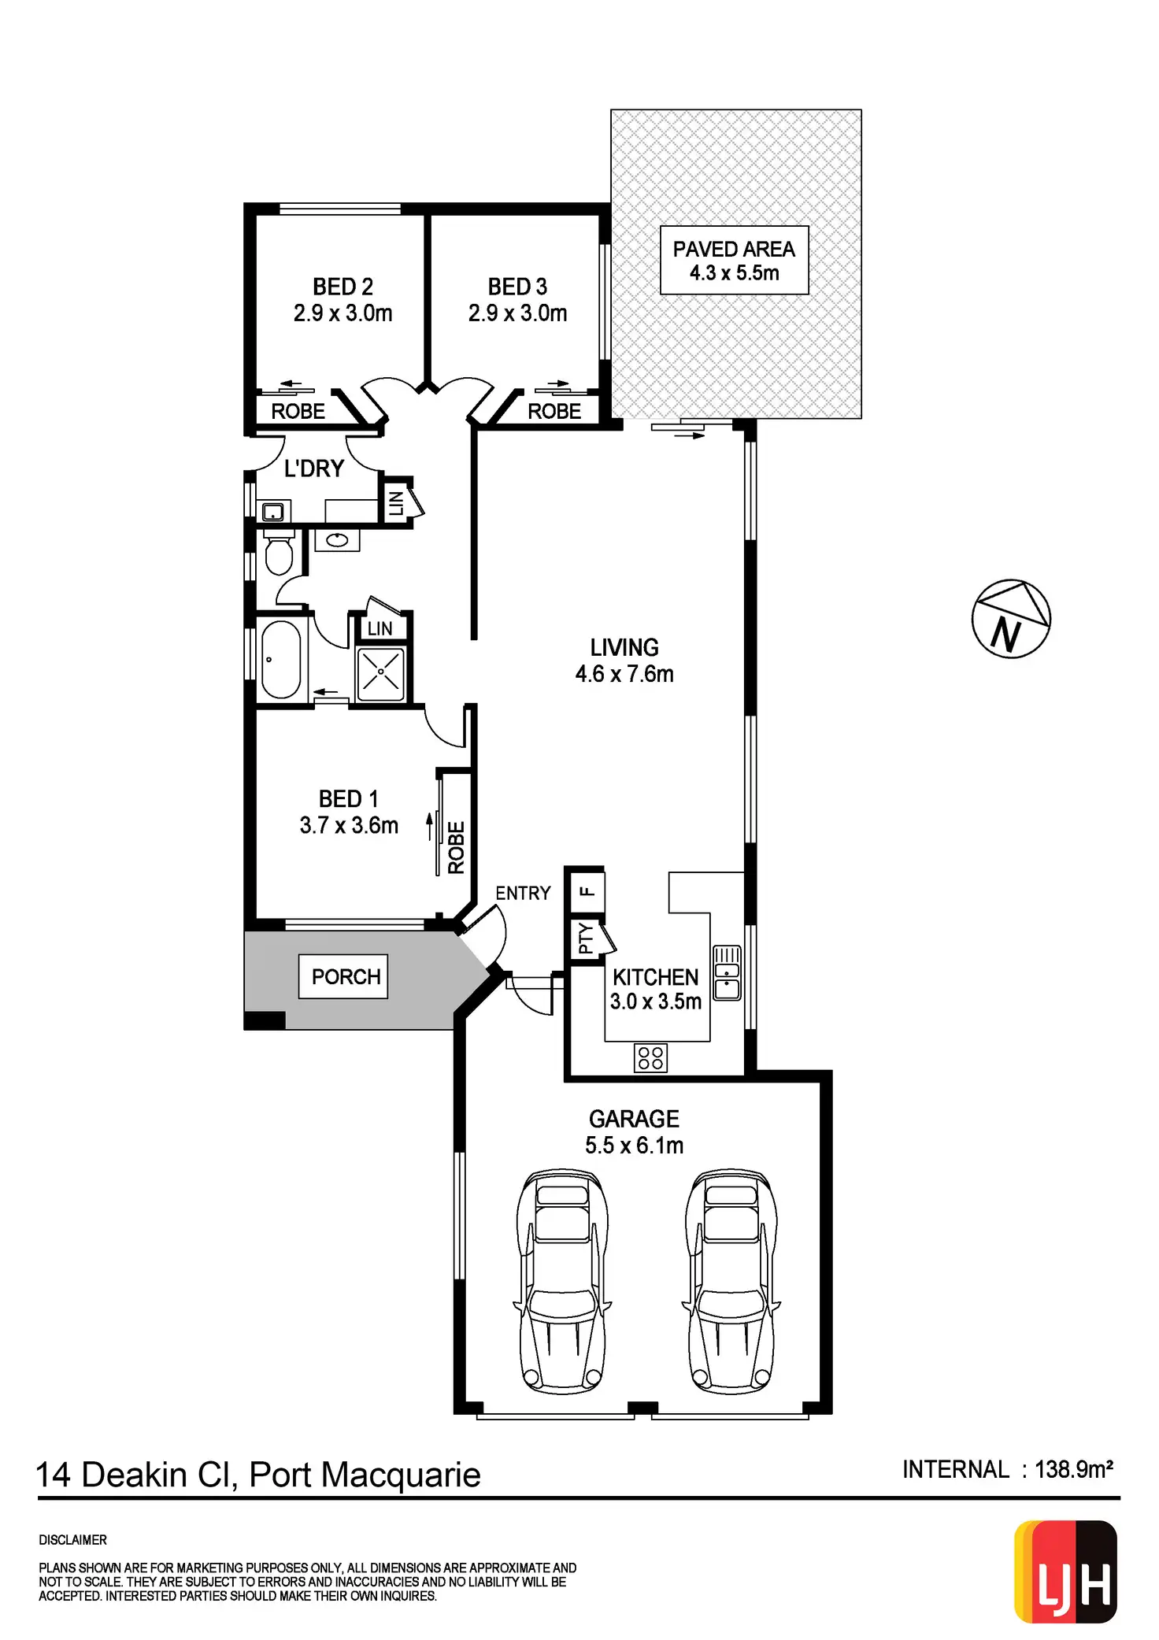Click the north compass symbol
1011,619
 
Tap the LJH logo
1066,1572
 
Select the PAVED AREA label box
734,261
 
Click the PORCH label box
344,977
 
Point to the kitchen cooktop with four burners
650,1057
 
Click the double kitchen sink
727,972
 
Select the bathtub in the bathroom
281,660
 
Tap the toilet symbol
279,552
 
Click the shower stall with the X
381,673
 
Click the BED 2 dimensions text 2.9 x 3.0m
343,313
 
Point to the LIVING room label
624,648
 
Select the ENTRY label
523,894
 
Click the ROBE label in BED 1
457,847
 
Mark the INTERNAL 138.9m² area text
1007,1469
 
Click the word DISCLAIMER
72,1540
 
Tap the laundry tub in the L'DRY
272,513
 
